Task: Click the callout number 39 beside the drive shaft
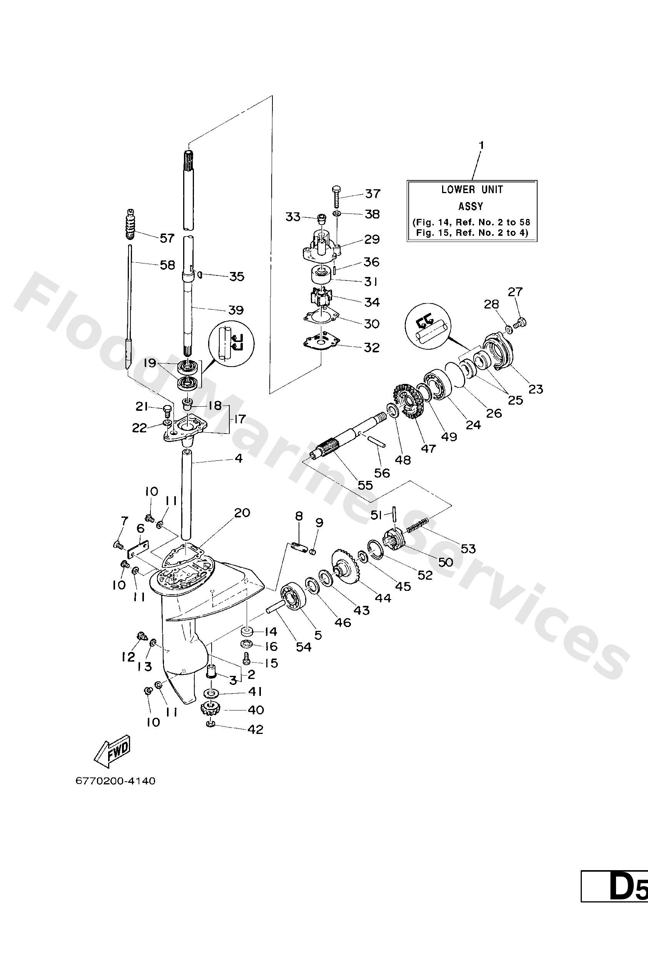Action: pyautogui.click(x=236, y=310)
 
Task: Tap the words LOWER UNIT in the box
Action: pyautogui.click(x=472, y=190)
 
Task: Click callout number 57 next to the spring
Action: pyautogui.click(x=167, y=238)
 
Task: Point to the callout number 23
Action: pyautogui.click(x=536, y=389)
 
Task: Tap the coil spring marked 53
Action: pyautogui.click(x=418, y=525)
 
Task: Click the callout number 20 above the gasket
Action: pyautogui.click(x=242, y=513)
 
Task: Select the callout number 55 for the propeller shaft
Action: pyautogui.click(x=365, y=485)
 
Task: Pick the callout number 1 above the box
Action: pyautogui.click(x=482, y=145)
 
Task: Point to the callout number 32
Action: pyautogui.click(x=372, y=348)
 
